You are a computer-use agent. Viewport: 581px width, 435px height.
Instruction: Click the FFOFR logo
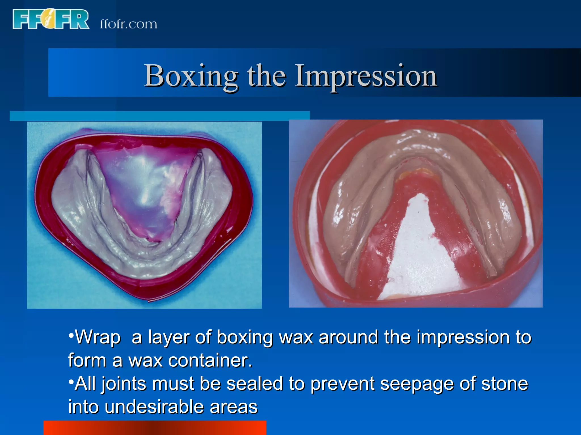(x=51, y=19)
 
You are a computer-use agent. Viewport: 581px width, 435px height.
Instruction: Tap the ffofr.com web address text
(x=128, y=24)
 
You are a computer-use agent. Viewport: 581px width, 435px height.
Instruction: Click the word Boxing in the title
(x=191, y=76)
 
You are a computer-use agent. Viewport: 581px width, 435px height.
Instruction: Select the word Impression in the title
(x=366, y=76)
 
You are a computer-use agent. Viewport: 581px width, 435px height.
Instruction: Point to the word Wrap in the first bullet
(x=98, y=337)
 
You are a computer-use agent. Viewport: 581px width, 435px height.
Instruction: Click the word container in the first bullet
(x=210, y=361)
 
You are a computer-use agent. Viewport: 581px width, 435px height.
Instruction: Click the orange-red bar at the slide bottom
(x=155, y=428)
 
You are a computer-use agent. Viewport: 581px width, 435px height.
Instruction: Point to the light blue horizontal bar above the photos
(x=159, y=116)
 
